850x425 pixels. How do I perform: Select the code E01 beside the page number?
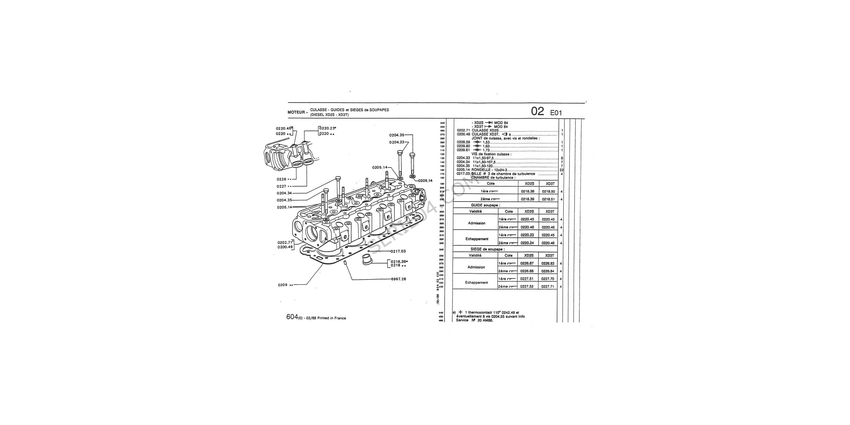pyautogui.click(x=556, y=113)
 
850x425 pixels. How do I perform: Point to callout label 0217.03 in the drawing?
pyautogui.click(x=398, y=251)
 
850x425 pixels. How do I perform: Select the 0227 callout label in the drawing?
pyautogui.click(x=282, y=186)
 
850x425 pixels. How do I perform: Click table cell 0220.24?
pyautogui.click(x=527, y=243)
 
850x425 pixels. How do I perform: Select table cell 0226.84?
pyautogui.click(x=548, y=271)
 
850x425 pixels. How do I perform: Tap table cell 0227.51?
pyautogui.click(x=527, y=279)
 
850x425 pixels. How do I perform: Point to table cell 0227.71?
pyautogui.click(x=548, y=287)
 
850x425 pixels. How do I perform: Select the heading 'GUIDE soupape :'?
pyautogui.click(x=485, y=205)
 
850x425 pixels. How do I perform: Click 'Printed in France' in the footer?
pyautogui.click(x=332, y=318)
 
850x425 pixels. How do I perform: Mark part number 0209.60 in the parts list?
pyautogui.click(x=463, y=146)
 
